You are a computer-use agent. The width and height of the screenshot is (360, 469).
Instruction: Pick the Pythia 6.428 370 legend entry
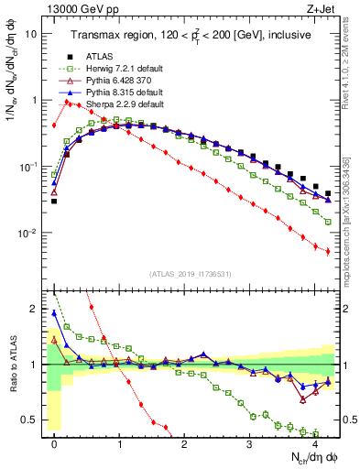point(112,81)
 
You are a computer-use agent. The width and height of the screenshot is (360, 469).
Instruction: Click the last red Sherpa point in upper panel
point(328,251)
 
